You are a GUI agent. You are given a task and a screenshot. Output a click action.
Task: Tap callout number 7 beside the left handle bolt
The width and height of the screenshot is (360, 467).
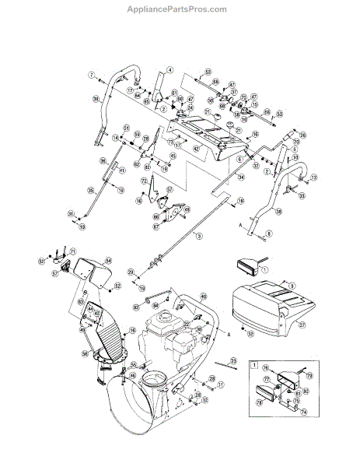click(91, 75)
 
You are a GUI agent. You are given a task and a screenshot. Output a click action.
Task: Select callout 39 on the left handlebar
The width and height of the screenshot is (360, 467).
click(96, 99)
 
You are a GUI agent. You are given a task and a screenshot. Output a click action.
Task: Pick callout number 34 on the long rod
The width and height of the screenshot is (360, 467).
click(242, 177)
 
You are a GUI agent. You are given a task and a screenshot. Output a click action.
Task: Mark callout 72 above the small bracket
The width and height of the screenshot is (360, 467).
click(144, 181)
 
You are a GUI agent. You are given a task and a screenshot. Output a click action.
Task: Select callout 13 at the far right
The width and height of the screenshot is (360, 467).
click(315, 178)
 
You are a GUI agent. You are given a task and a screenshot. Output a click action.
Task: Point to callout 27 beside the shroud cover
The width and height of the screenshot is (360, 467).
click(302, 325)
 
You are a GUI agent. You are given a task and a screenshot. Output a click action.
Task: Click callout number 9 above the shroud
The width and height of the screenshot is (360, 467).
click(292, 286)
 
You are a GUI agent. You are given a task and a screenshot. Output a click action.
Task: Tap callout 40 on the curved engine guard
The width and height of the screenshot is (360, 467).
click(204, 297)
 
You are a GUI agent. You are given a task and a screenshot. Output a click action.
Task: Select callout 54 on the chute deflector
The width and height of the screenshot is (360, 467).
click(108, 261)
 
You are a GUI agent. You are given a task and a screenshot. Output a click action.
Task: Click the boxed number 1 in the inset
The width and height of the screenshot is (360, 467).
click(253, 364)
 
